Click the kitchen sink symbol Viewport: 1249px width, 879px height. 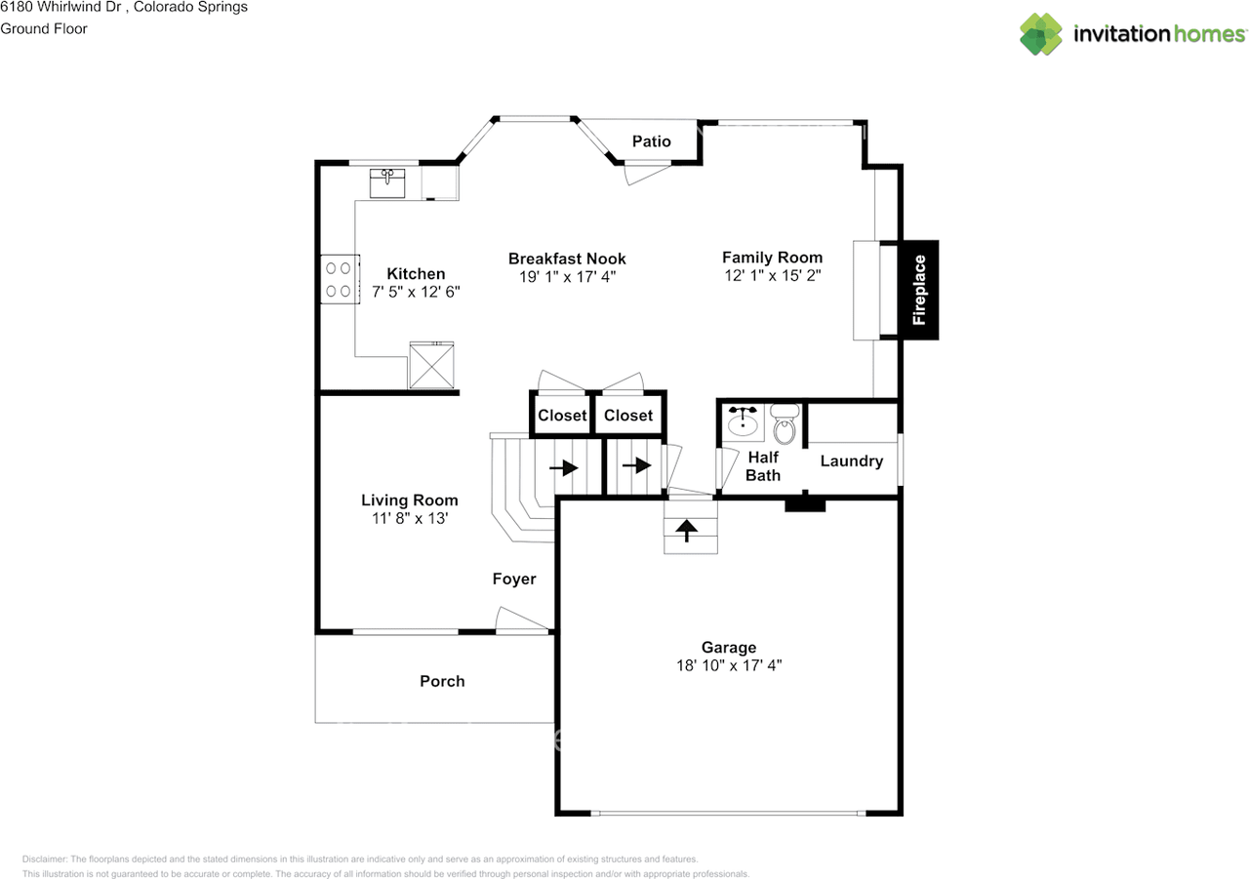coord(387,183)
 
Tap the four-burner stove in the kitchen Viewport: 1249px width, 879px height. coord(340,279)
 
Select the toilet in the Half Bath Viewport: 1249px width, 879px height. coord(785,424)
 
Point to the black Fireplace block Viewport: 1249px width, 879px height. coord(919,290)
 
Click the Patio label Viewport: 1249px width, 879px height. coord(651,141)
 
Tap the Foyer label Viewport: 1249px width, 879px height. coord(514,579)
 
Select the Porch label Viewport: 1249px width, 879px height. coord(442,681)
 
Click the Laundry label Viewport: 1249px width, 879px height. coord(852,460)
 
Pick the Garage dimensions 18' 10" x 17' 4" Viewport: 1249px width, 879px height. coord(729,665)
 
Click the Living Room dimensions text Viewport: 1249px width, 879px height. coord(410,518)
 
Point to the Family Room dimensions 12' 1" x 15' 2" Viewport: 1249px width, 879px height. coord(772,275)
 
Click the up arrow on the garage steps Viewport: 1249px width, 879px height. coord(686,531)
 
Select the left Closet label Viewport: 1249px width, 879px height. coord(562,416)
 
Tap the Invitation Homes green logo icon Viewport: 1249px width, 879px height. coord(1041,34)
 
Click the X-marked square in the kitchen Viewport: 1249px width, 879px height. coord(431,365)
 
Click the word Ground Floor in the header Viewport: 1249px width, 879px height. coord(44,28)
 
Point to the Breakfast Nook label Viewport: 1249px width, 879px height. coord(567,259)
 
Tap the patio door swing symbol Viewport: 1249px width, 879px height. coord(647,173)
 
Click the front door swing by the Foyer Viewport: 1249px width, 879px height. coord(521,619)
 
